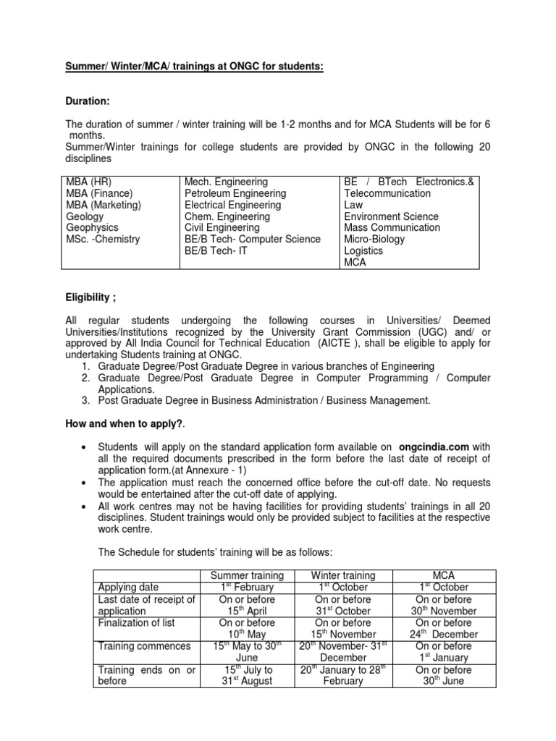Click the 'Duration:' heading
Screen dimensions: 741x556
click(88, 103)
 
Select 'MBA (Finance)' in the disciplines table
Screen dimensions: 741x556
click(99, 193)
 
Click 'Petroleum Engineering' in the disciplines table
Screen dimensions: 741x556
click(235, 193)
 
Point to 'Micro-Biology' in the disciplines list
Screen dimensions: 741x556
click(374, 239)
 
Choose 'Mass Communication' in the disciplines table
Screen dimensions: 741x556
click(392, 227)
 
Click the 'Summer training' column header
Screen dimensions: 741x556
click(247, 575)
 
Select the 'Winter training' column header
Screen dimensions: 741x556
click(343, 575)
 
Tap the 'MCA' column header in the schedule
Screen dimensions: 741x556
click(442, 575)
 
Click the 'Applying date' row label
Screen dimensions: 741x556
click(128, 587)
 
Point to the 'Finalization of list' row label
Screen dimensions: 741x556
click(136, 622)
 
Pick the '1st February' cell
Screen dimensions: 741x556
click(247, 587)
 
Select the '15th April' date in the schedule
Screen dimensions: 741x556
click(247, 611)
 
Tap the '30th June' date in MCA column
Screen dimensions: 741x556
click(442, 681)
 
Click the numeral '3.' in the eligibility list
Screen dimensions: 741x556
click(85, 400)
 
